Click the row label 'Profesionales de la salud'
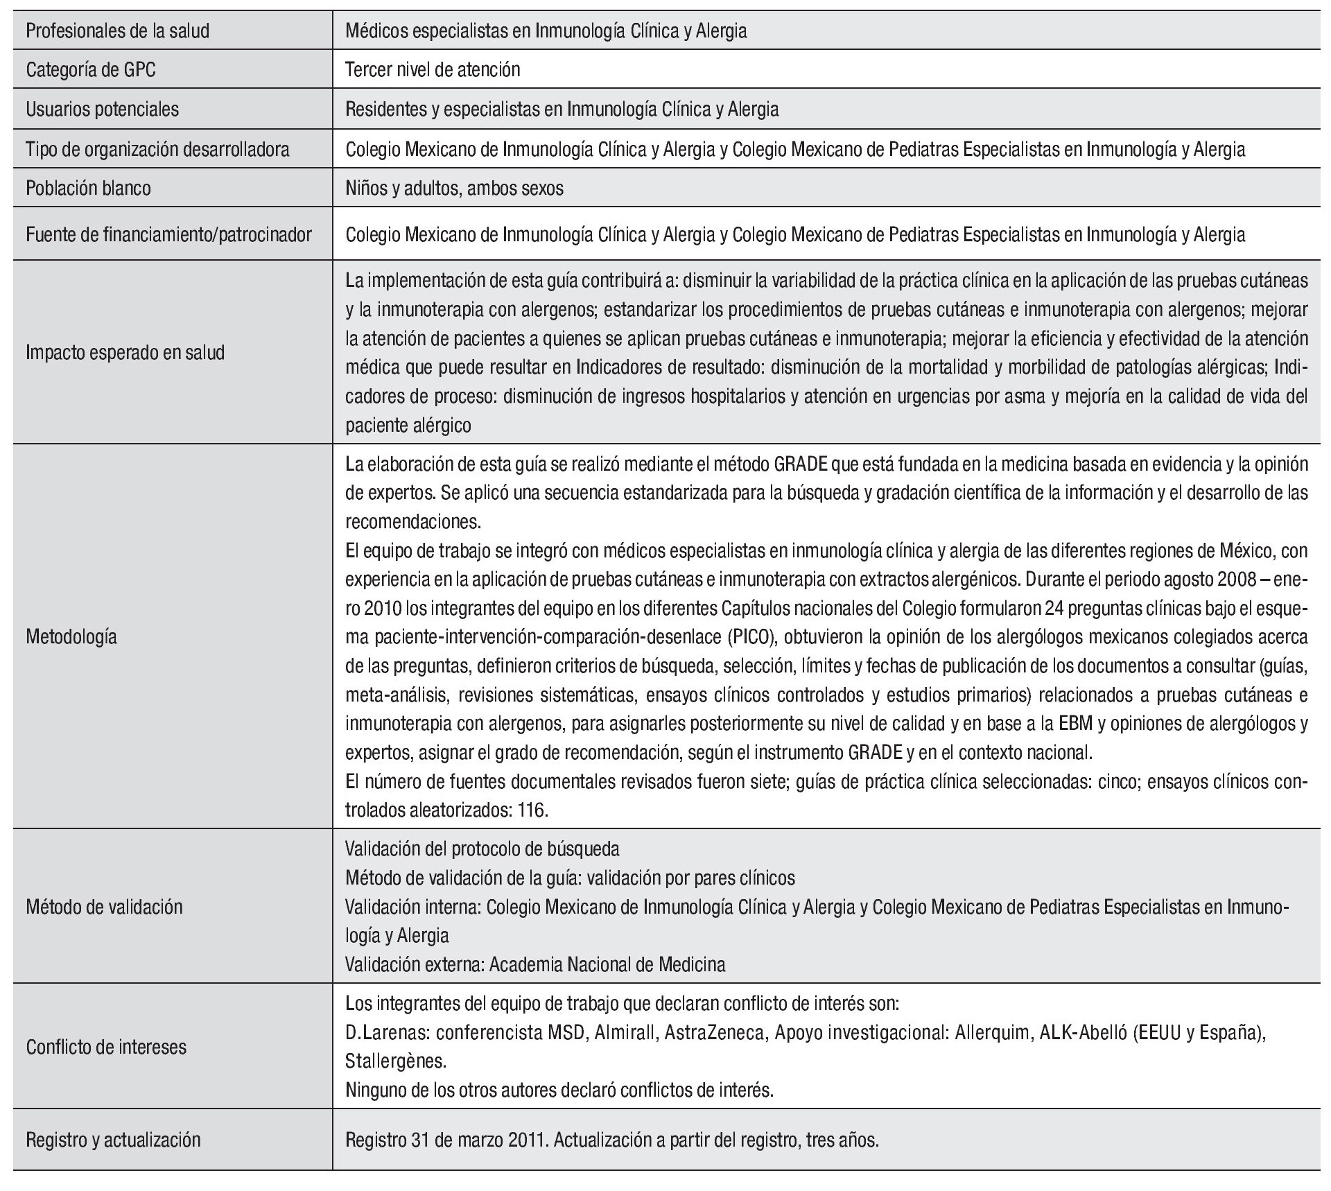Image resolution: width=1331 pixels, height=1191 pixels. coord(117,31)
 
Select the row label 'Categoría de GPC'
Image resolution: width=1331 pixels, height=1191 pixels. coord(91,70)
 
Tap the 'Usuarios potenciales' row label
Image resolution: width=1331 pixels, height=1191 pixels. coord(102,110)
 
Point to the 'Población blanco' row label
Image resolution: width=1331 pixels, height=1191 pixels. coord(88,189)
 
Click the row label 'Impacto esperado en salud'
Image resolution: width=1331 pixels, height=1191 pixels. coord(125,353)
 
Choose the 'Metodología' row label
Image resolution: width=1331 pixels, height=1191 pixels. coord(71,637)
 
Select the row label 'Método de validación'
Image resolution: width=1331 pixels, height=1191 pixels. coord(104,907)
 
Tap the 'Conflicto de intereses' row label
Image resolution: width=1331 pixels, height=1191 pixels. coord(106,1047)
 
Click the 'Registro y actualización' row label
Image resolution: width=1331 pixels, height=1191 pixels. coord(113,1140)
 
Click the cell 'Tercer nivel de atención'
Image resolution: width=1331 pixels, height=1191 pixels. coord(433,70)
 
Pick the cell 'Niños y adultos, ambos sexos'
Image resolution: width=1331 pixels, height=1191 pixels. coord(454,189)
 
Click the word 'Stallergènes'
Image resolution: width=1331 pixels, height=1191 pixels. coord(396,1061)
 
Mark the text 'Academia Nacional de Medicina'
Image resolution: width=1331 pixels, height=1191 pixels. coord(607,964)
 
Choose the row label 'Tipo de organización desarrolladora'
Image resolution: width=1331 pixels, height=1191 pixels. coord(157,149)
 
